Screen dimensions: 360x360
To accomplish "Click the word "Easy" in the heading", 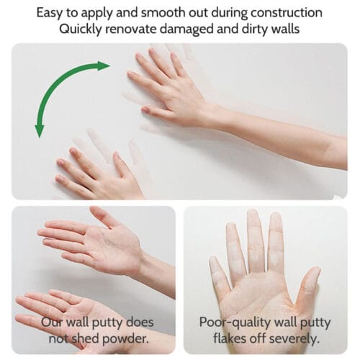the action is click(x=50, y=13).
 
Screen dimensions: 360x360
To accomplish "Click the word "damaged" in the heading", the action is click(x=186, y=30).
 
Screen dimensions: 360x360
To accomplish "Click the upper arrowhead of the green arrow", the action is click(x=103, y=66).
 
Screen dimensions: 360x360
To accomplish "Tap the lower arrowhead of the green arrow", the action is click(x=39, y=131).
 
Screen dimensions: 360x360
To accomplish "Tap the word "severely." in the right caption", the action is click(x=294, y=339).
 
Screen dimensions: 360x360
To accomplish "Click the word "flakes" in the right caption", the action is click(x=230, y=338).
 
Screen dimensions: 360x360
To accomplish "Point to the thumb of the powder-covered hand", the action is click(x=309, y=286).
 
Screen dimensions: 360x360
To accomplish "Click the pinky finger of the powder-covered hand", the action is click(x=217, y=272).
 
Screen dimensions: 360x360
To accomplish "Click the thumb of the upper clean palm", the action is click(x=104, y=216).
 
